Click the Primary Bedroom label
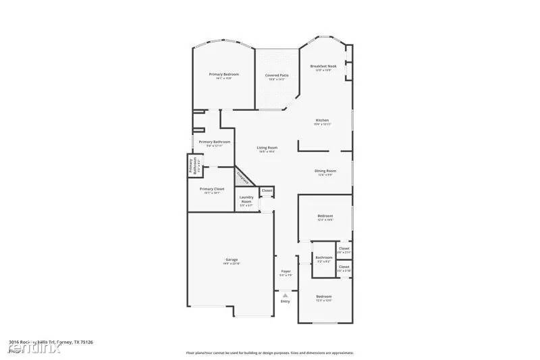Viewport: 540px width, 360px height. pyautogui.click(x=223, y=74)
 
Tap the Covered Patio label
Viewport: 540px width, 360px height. pyautogui.click(x=277, y=76)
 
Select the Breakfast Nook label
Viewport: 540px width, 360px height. pyautogui.click(x=323, y=66)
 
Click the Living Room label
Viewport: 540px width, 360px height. pyautogui.click(x=267, y=148)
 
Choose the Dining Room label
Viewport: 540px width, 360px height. pyautogui.click(x=325, y=171)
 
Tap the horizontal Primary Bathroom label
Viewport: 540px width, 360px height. pyautogui.click(x=215, y=142)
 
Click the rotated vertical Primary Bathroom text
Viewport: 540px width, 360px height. pyautogui.click(x=194, y=166)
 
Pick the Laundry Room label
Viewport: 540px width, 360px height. pyautogui.click(x=246, y=201)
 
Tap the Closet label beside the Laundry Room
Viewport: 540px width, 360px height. pyautogui.click(x=267, y=191)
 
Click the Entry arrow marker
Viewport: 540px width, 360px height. pyautogui.click(x=286, y=295)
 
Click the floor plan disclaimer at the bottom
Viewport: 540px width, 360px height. pyautogui.click(x=270, y=353)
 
